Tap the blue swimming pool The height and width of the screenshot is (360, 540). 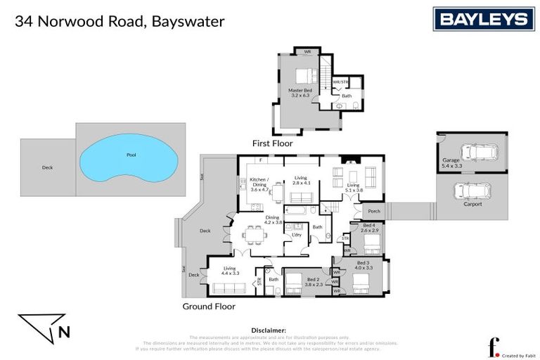coord(130,158)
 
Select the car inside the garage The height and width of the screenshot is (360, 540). coord(477,154)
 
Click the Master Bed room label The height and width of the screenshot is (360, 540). coord(300,94)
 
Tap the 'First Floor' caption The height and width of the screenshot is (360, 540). coord(272,143)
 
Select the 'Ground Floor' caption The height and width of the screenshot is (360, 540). coord(209,307)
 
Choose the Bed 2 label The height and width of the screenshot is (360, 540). coord(314,282)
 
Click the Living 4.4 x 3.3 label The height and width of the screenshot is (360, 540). coord(231,270)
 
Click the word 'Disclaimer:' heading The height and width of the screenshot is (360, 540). coord(269,330)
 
